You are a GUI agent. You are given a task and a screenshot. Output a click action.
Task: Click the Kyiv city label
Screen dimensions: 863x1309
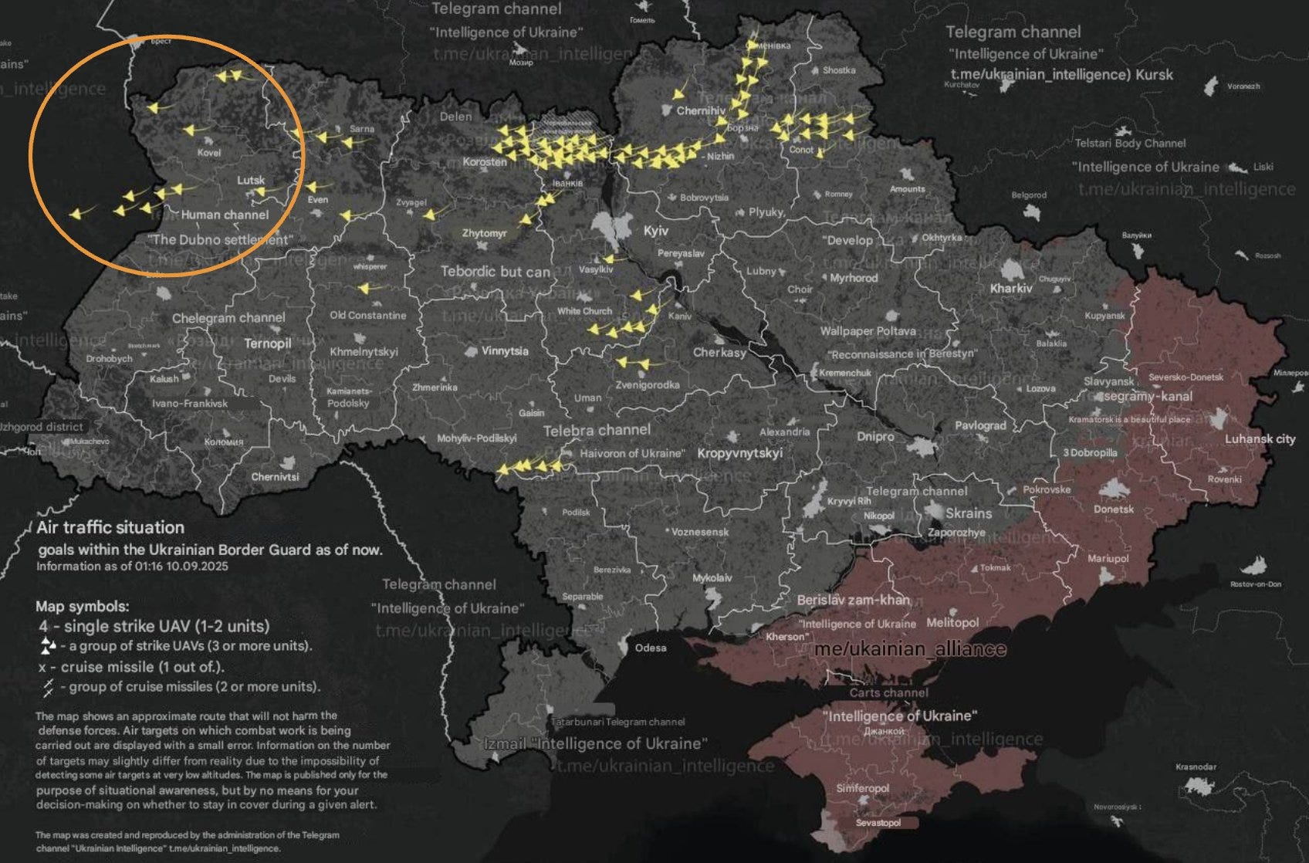(655, 230)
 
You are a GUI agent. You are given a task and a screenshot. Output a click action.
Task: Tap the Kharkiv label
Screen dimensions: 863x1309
(1010, 288)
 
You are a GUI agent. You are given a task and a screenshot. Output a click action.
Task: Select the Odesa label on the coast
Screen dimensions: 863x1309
(650, 648)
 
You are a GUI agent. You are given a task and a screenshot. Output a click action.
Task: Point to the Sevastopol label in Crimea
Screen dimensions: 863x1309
(878, 823)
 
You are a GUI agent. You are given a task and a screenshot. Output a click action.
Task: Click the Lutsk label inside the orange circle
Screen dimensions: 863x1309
(250, 180)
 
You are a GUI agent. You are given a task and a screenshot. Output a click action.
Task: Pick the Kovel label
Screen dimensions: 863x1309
(208, 153)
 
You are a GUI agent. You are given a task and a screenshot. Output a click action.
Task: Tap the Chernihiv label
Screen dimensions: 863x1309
(700, 110)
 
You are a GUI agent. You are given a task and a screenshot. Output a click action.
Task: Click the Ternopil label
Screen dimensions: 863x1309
(267, 344)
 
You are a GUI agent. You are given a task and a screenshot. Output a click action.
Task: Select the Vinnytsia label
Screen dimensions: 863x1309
(505, 350)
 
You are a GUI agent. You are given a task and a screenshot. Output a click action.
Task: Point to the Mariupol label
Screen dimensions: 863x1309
(1108, 558)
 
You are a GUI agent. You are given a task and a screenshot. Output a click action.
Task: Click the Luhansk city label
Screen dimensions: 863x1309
(1260, 438)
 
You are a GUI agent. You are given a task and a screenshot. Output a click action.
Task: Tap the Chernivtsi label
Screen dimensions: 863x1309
(275, 477)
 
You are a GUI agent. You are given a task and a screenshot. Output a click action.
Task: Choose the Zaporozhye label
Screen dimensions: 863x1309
(956, 533)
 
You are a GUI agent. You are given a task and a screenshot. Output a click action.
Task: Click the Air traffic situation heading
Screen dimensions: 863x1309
(110, 527)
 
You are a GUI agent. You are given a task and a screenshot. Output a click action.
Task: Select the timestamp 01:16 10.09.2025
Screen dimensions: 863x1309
(177, 566)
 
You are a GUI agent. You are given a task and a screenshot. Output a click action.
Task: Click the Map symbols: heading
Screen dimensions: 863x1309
(83, 606)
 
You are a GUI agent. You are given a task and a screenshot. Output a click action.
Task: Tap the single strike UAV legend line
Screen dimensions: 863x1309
(154, 626)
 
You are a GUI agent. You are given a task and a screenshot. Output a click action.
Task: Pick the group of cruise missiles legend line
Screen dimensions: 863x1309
(181, 686)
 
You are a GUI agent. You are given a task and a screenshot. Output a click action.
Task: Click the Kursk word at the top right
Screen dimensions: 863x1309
(1155, 75)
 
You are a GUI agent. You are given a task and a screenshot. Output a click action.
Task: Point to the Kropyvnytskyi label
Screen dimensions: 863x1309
(739, 452)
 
